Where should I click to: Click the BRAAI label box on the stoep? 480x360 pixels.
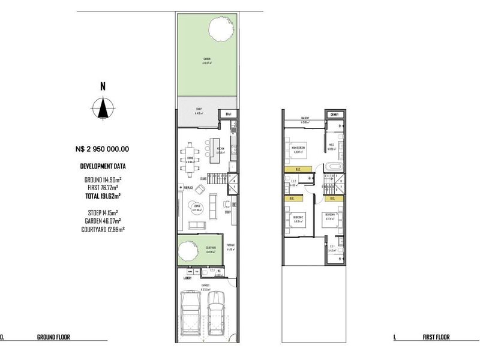228,114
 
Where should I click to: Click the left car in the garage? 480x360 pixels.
191,312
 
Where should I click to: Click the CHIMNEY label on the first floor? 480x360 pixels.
334,115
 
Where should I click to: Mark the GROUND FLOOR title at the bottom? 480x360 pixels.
53,337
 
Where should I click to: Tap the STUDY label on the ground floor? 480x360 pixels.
228,212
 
